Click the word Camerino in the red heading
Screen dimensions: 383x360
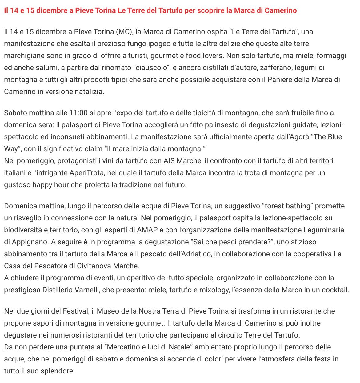[x=282, y=11]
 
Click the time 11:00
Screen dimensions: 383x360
[x=78, y=113]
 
